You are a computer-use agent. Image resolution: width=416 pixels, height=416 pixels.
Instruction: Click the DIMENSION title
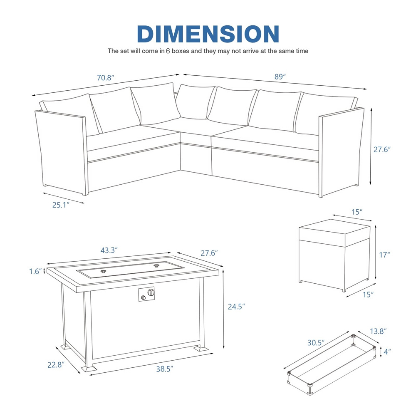[x=208, y=34]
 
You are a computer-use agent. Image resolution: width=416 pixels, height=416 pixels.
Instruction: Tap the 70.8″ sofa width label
[x=105, y=77]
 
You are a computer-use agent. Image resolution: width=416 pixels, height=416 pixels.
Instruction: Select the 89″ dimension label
[x=280, y=77]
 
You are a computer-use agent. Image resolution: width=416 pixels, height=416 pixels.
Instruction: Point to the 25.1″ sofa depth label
[x=61, y=205]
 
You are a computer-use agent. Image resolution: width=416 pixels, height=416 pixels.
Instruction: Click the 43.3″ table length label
[x=109, y=250]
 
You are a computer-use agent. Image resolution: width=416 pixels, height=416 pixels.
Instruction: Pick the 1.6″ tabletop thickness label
[x=35, y=271]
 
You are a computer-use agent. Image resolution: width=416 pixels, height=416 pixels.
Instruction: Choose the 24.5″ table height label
[x=236, y=307]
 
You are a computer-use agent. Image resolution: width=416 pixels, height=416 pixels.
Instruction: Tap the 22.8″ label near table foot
[x=56, y=365]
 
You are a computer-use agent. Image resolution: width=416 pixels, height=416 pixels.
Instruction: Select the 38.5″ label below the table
[x=164, y=369]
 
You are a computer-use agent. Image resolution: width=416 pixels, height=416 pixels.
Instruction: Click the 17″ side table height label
[x=384, y=255]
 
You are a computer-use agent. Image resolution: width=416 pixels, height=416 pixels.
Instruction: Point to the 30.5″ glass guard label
[x=316, y=343]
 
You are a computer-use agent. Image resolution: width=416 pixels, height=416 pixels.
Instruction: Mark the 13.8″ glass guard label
[x=378, y=331]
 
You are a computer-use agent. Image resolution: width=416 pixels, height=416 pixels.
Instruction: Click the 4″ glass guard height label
[x=387, y=352]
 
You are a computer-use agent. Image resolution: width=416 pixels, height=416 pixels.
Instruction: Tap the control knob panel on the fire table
[x=146, y=294]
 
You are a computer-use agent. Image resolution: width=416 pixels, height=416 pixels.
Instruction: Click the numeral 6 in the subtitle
[x=168, y=51]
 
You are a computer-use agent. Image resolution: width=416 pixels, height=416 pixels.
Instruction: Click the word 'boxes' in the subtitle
[x=181, y=51]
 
